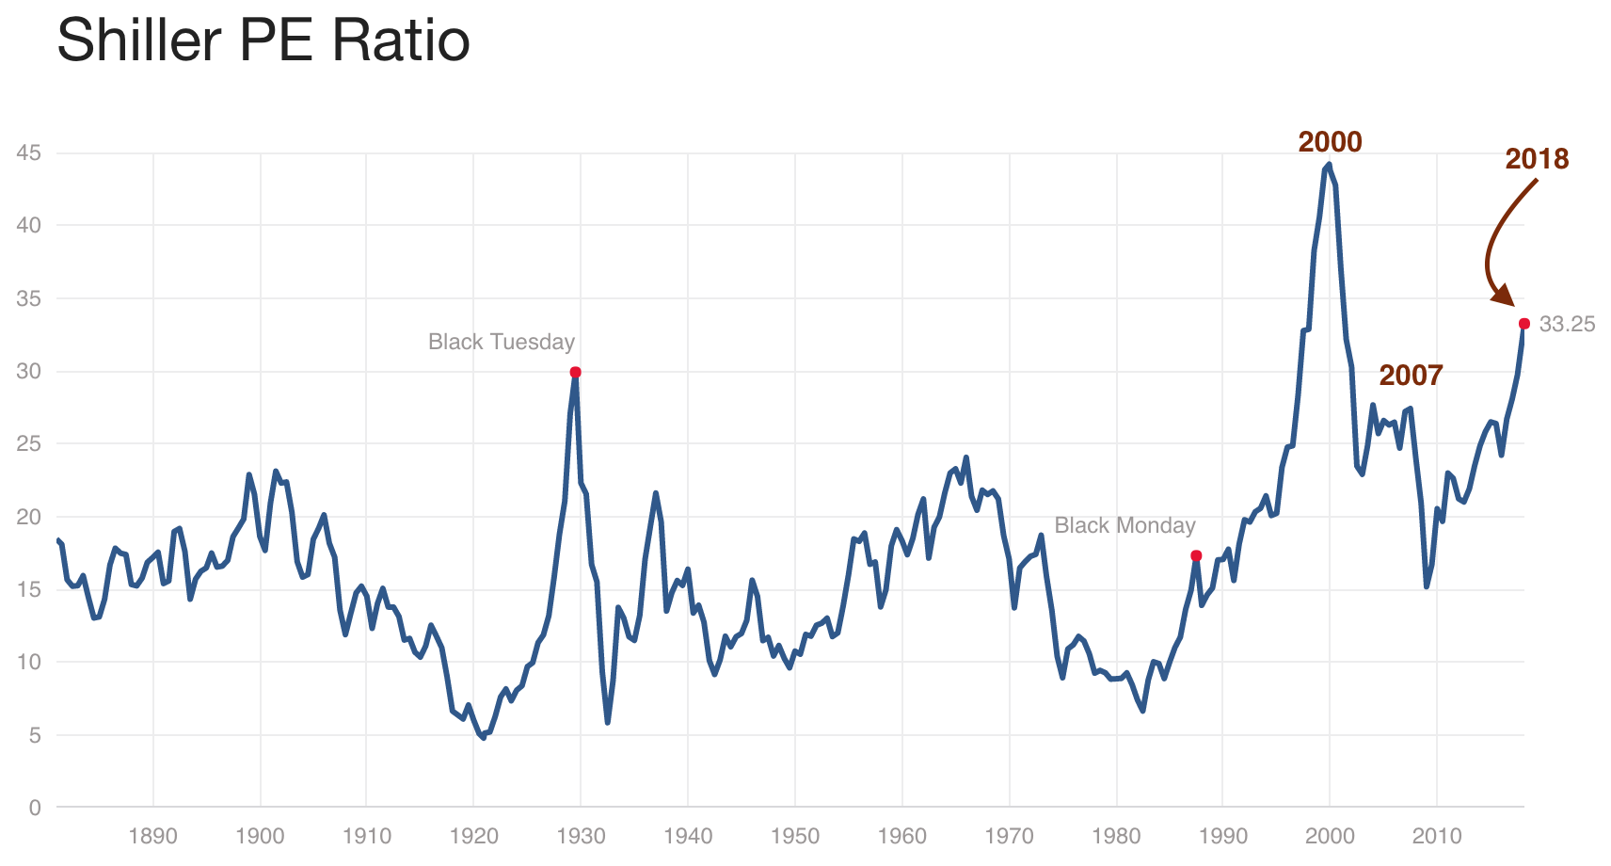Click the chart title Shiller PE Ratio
pyautogui.click(x=263, y=41)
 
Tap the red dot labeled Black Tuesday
pyautogui.click(x=575, y=372)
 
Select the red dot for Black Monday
pyautogui.click(x=1196, y=555)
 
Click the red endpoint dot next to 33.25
pyautogui.click(x=1524, y=324)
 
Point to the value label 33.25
pyautogui.click(x=1567, y=325)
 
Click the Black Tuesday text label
pyautogui.click(x=501, y=342)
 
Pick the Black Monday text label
pyautogui.click(x=1125, y=525)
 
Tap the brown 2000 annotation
pyautogui.click(x=1330, y=142)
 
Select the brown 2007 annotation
pyautogui.click(x=1411, y=376)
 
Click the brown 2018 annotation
pyautogui.click(x=1537, y=159)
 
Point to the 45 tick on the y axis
pyautogui.click(x=29, y=152)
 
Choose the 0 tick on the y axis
pyautogui.click(x=36, y=807)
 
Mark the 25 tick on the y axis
pyautogui.click(x=29, y=443)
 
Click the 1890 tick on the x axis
pyautogui.click(x=153, y=836)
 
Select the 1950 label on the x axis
pyautogui.click(x=795, y=836)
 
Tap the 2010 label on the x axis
pyautogui.click(x=1437, y=836)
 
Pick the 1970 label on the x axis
pyautogui.click(x=1009, y=836)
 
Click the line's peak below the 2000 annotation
pyautogui.click(x=1328, y=165)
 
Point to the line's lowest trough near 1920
pyautogui.click(x=484, y=738)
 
